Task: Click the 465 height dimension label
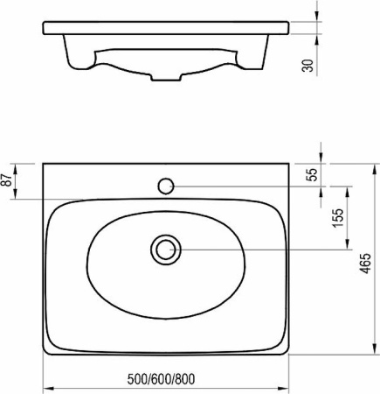pyautogui.click(x=366, y=264)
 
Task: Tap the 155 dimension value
pyautogui.click(x=338, y=218)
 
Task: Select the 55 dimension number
pyautogui.click(x=312, y=174)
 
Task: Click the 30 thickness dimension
pyautogui.click(x=308, y=66)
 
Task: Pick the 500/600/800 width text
pyautogui.click(x=161, y=379)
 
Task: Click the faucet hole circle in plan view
pyautogui.click(x=166, y=186)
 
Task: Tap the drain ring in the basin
pyautogui.click(x=166, y=250)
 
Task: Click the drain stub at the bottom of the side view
pyautogui.click(x=166, y=77)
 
